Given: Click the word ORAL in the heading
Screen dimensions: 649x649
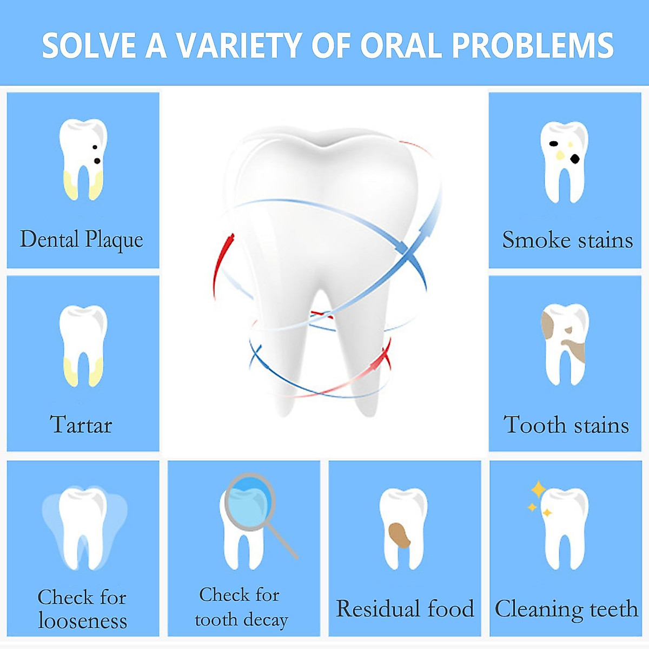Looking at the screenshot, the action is (x=401, y=45).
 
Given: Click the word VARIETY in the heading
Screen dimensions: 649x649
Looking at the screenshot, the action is (x=239, y=45).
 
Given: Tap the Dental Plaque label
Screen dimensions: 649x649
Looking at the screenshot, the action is (x=82, y=240).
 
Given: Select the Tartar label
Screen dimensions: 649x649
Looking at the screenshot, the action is (x=81, y=425).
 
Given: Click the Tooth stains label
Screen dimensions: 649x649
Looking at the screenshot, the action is (x=566, y=425).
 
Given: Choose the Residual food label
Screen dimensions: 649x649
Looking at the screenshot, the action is (x=405, y=608).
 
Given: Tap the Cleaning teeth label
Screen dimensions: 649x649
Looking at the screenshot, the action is (x=566, y=610).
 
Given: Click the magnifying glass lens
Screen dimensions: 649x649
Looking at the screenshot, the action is (x=250, y=498).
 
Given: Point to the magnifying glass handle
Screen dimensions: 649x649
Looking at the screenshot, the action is (x=282, y=541).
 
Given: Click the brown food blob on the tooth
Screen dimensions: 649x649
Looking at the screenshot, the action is (x=399, y=535).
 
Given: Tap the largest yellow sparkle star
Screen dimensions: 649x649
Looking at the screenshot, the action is (x=538, y=489).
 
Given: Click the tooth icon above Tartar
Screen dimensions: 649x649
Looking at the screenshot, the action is (x=83, y=346).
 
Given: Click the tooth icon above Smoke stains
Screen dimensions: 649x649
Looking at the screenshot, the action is (x=565, y=162).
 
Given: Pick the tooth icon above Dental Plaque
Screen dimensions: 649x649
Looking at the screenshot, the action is (x=83, y=160).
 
